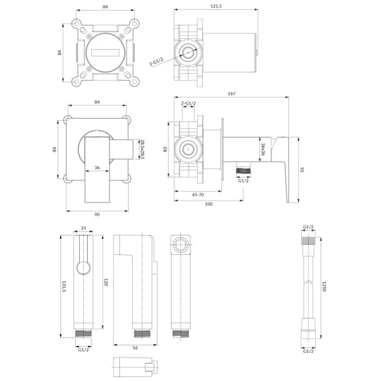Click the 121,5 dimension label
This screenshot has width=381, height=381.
coord(216,6)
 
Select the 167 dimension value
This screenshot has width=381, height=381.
coord(231,93)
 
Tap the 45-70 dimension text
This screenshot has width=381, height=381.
coord(198,195)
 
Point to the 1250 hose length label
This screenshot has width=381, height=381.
coord(324,286)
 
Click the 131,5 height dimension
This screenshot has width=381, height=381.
coord(64,286)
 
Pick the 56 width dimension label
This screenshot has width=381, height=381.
coord(135,348)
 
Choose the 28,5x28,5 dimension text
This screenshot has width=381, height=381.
coord(143,149)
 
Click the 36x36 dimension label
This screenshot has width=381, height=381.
coord(263,149)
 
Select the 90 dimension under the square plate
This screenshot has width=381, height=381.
coord(97,215)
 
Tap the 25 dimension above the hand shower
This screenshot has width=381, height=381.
coord(83,228)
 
